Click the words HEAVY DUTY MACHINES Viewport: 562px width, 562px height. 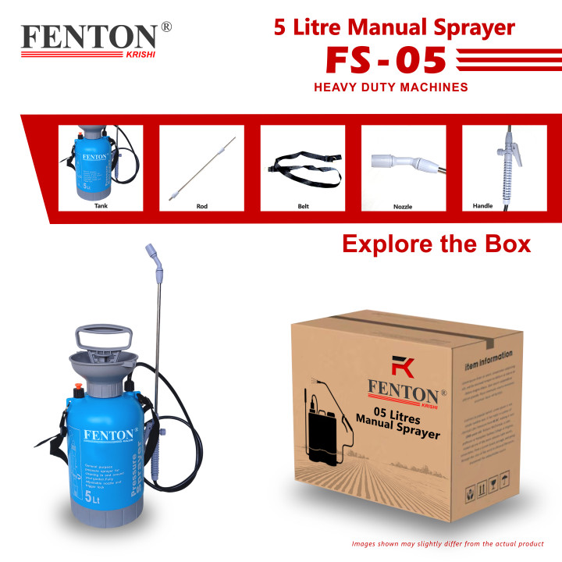pyautogui.click(x=390, y=87)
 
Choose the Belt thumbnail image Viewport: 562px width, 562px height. pyautogui.click(x=303, y=166)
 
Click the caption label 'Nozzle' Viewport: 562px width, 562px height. pyautogui.click(x=403, y=207)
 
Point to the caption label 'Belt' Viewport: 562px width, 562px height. pyautogui.click(x=303, y=207)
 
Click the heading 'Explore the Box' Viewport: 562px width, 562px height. pyautogui.click(x=436, y=244)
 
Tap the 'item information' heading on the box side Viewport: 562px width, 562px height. pyautogui.click(x=489, y=361)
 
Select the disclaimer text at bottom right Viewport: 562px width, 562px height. pyautogui.click(x=447, y=543)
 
